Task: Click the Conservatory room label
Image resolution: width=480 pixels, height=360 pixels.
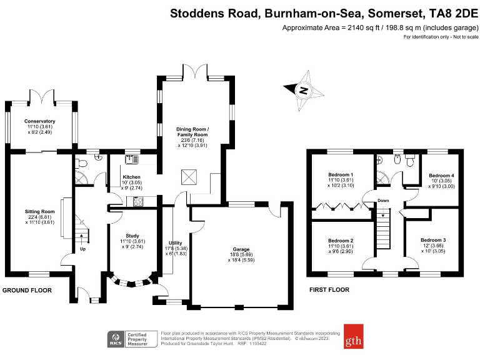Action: (40, 121)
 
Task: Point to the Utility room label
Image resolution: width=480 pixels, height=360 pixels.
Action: (176, 242)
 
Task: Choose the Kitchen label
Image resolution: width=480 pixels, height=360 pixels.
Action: (132, 177)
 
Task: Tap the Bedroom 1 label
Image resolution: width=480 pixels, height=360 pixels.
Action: (341, 174)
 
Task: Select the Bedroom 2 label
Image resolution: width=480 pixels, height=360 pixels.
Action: (341, 241)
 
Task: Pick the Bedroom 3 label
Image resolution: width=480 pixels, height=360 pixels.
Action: (433, 241)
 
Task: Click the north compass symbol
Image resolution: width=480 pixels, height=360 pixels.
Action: (304, 91)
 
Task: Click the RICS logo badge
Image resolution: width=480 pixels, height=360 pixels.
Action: (116, 340)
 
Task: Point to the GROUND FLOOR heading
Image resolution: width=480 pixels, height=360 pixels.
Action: (27, 291)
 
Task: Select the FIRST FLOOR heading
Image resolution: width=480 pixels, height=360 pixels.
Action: (329, 290)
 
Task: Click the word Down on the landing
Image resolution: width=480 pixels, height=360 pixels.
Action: (384, 201)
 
